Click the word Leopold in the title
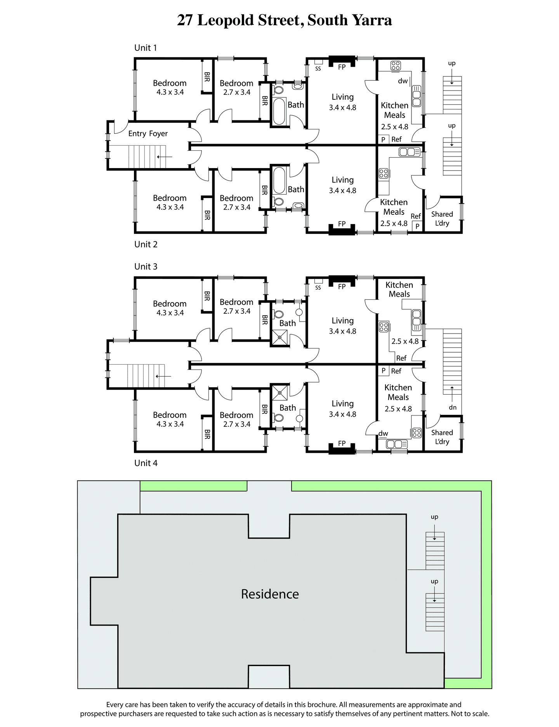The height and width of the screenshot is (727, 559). click(x=226, y=20)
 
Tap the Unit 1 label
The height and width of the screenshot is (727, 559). click(x=146, y=48)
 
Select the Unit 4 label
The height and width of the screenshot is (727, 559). click(x=146, y=463)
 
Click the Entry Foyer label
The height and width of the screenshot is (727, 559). click(x=148, y=134)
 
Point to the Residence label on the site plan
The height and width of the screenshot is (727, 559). click(x=270, y=594)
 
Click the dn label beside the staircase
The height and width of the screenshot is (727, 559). click(x=453, y=407)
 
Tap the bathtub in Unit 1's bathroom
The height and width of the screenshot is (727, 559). click(x=279, y=111)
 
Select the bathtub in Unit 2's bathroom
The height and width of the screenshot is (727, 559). click(x=279, y=180)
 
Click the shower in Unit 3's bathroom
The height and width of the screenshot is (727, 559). click(x=279, y=337)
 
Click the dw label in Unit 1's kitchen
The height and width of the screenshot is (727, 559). click(x=403, y=81)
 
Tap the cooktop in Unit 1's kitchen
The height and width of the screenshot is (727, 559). click(x=396, y=66)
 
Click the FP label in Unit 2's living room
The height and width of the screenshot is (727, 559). click(x=342, y=224)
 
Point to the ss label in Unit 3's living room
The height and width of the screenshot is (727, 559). click(x=318, y=287)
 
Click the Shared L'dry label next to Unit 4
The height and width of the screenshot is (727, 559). click(x=442, y=437)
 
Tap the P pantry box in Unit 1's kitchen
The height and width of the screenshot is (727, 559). click(x=383, y=139)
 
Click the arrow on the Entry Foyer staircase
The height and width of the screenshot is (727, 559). click(x=165, y=157)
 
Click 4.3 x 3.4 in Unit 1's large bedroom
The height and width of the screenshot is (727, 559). click(x=170, y=92)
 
